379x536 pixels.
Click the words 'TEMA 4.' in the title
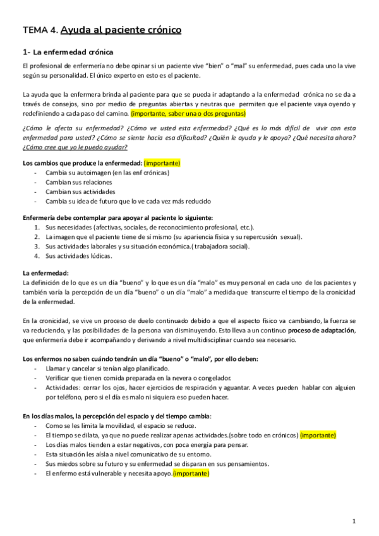[40, 30]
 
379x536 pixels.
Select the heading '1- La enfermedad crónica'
[68, 52]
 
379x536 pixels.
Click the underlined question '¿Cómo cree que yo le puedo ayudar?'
[75, 147]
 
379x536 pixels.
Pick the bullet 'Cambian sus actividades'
[80, 192]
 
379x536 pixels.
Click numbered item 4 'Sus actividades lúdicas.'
[79, 256]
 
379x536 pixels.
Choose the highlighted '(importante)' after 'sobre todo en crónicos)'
[318, 435]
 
